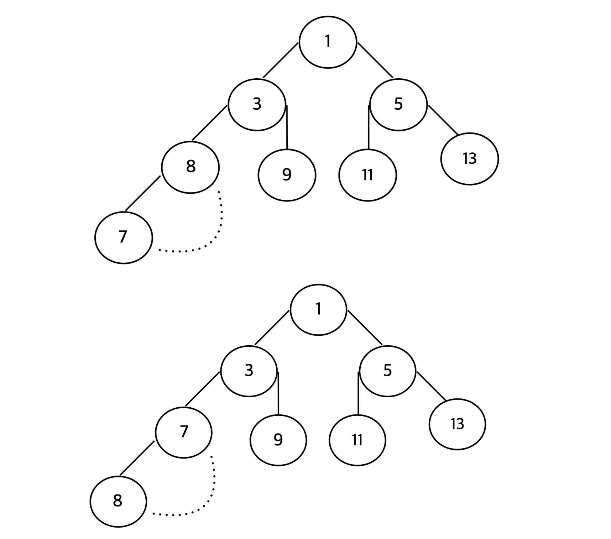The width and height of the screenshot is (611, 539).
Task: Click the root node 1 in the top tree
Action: [x=328, y=42]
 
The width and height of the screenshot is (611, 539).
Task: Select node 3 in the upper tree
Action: [x=257, y=105]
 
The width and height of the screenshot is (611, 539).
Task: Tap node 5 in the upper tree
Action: [x=398, y=105]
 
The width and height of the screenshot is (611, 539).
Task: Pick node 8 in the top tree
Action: [x=190, y=167]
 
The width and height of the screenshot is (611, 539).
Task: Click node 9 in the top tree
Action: [x=287, y=175]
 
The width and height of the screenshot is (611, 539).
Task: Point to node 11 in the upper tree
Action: [x=367, y=175]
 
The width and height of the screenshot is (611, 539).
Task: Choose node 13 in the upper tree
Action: [x=469, y=159]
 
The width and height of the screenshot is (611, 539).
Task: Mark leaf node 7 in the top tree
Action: [x=123, y=237]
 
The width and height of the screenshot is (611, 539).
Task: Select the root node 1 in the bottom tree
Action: [x=318, y=310]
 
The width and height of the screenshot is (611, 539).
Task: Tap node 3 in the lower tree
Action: [x=249, y=371]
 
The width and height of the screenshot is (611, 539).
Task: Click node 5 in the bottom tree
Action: [x=387, y=371]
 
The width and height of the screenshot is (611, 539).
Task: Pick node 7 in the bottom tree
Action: [x=183, y=432]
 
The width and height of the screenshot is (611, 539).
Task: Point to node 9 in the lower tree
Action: [x=278, y=440]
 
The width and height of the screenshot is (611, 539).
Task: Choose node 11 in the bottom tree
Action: [x=357, y=440]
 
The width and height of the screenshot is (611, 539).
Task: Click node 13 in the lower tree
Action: [x=457, y=424]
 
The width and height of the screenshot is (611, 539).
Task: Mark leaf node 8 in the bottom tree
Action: [x=118, y=501]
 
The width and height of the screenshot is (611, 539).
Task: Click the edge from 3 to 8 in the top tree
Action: [x=209, y=123]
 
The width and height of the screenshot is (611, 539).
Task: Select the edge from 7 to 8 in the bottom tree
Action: [x=137, y=458]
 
